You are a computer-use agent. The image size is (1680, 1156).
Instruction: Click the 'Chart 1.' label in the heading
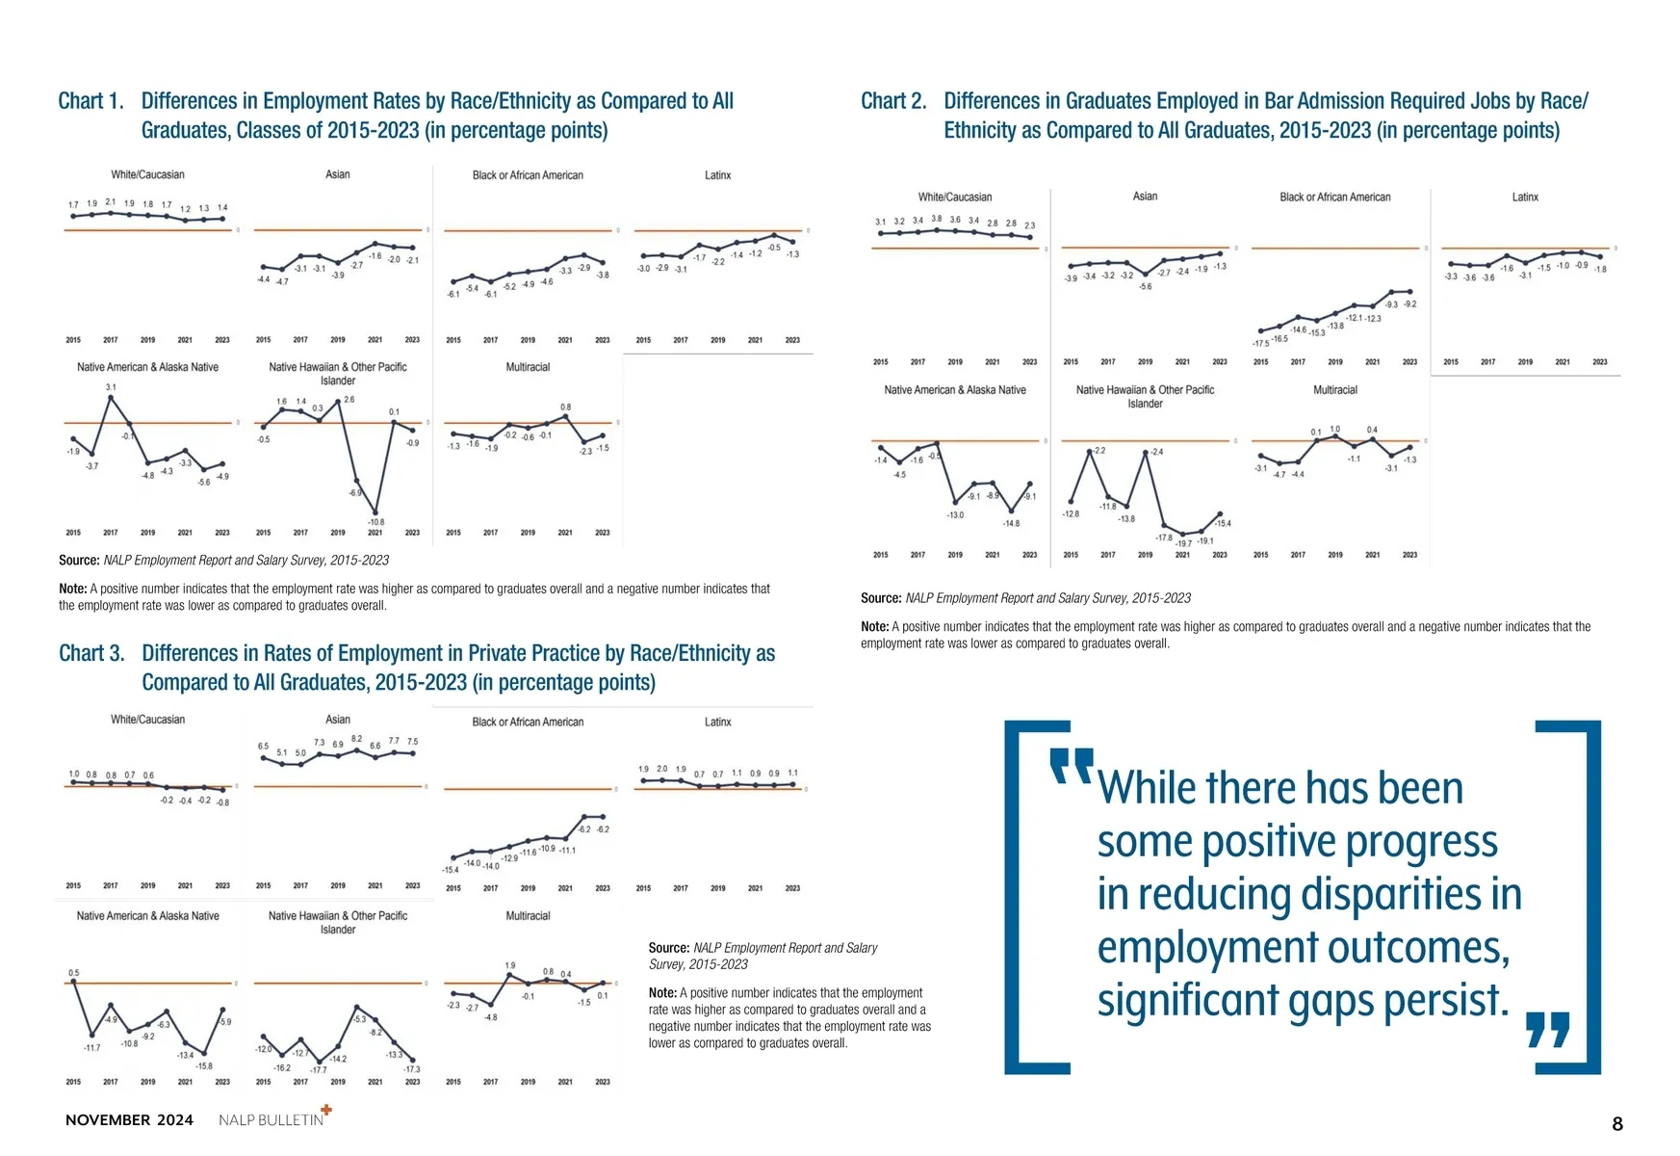[x=90, y=101]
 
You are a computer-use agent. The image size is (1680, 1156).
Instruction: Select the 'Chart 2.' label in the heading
[x=893, y=101]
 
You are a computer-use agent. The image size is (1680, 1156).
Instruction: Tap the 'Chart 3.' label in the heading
[x=91, y=653]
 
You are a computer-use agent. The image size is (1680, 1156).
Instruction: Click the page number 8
[x=1617, y=1124]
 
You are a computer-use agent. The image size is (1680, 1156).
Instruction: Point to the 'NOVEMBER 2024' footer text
[x=129, y=1120]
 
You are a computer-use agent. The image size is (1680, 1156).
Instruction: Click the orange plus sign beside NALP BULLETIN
[x=326, y=1110]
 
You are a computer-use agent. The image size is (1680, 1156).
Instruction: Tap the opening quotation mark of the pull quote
[x=1071, y=766]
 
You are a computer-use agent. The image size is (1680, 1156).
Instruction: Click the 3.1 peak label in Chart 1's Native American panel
[x=111, y=386]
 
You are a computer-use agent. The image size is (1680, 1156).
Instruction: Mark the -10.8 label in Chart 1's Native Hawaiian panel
[x=375, y=521]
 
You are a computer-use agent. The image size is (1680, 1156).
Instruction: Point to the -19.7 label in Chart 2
[x=1183, y=543]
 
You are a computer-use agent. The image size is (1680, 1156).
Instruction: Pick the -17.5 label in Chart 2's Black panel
[x=1260, y=343]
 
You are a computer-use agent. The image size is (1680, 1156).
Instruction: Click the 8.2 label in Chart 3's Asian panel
[x=356, y=739]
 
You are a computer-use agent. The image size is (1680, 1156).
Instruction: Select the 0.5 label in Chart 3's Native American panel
[x=74, y=973]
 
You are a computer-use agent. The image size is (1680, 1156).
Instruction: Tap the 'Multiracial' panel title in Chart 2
[x=1334, y=390]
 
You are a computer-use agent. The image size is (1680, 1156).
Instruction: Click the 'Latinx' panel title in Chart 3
[x=717, y=722]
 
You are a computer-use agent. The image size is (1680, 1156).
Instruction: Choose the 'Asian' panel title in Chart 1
[x=337, y=174]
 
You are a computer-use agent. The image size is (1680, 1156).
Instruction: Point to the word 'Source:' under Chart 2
[x=881, y=598]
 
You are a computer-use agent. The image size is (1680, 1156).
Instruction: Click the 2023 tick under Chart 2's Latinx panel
[x=1599, y=362]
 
